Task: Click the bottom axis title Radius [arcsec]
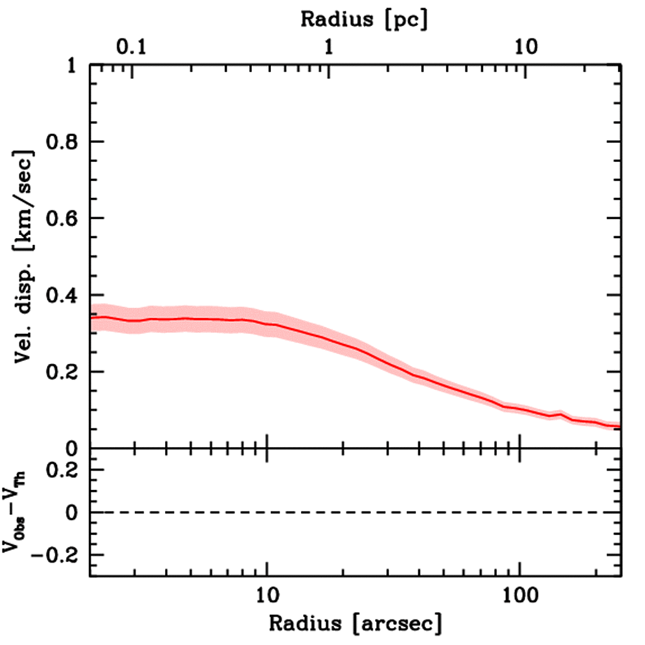[x=355, y=624]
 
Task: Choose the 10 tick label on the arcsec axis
[x=267, y=595]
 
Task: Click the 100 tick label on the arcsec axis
[x=520, y=595]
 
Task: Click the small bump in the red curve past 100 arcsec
[x=559, y=414]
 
